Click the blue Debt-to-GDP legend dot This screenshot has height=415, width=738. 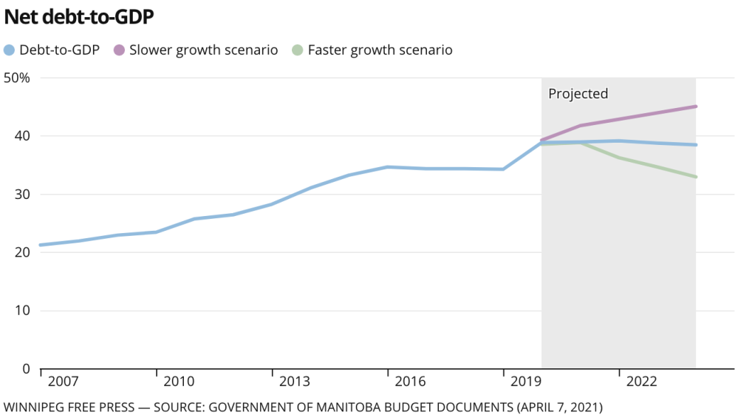tap(10, 50)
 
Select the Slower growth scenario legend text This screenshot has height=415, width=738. tap(203, 50)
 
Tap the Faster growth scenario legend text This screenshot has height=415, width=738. tap(380, 50)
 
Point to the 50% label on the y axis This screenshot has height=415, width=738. tap(16, 78)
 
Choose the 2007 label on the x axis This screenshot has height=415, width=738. tap(62, 382)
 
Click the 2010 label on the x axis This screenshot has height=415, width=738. tap(178, 382)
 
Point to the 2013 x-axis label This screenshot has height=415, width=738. tap(294, 382)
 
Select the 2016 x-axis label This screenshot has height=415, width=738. tap(410, 382)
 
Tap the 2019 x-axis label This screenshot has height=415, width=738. tap(525, 382)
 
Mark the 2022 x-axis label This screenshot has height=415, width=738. tap(641, 382)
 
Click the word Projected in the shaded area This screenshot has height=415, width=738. tap(578, 94)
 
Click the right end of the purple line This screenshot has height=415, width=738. tap(696, 107)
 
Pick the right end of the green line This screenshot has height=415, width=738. tap(696, 177)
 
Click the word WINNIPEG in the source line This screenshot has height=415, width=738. tap(33, 407)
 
